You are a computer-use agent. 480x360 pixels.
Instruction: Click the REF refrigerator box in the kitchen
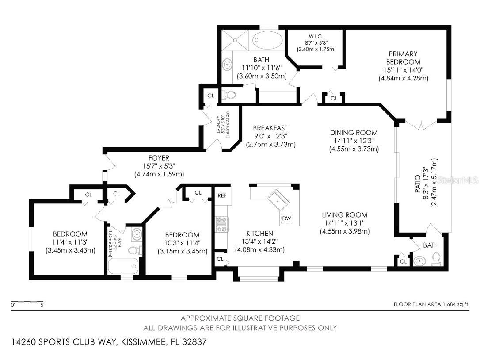pos(222,195)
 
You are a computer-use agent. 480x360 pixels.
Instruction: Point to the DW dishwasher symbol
pos(286,218)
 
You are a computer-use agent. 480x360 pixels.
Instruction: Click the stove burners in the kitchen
pos(221,225)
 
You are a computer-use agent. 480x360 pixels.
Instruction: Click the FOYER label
pos(159,158)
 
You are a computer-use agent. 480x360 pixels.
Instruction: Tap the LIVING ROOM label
pos(344,215)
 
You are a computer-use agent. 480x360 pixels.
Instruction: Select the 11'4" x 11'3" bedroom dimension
pos(70,242)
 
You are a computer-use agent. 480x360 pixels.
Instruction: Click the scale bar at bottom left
pos(27,303)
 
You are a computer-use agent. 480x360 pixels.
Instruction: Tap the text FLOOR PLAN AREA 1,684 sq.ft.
pos(431,304)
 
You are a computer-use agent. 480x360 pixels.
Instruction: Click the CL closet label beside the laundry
pos(210,96)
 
